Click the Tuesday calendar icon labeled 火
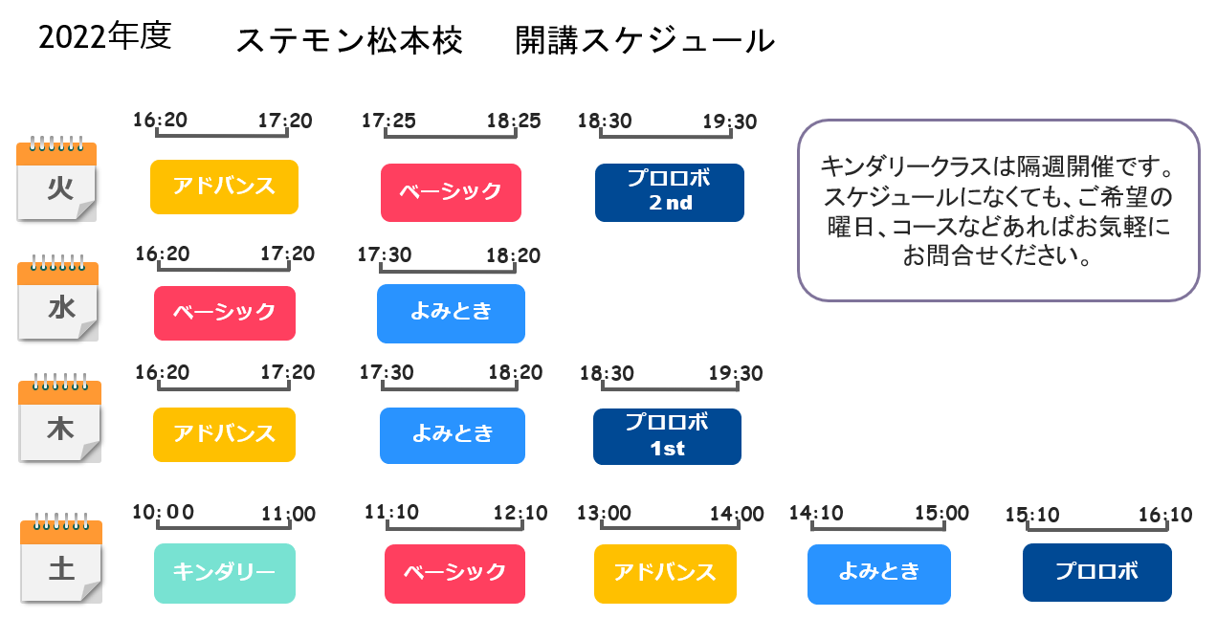pos(56,179)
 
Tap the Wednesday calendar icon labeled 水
pos(57,298)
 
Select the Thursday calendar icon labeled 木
pos(59,418)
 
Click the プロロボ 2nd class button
pos(670,192)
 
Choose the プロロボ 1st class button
pos(667,436)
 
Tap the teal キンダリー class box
pos(225,573)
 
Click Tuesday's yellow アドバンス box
pos(225,187)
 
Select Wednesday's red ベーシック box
pos(225,313)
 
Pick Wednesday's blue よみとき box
pos(451,314)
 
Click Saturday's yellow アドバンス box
pos(665,573)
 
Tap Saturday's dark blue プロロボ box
pos(1097,572)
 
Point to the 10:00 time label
pos(163,512)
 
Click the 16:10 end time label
pos(1164,515)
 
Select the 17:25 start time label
pos(388,121)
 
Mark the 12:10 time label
pos(520,513)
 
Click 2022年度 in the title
pos(105,37)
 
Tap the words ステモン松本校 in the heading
pos(349,41)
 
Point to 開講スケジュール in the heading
pos(645,41)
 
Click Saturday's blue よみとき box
pos(879,574)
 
